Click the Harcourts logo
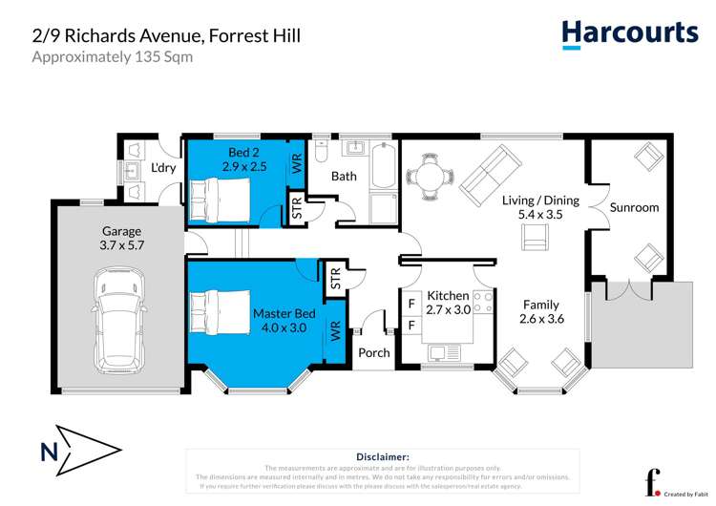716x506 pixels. pyautogui.click(x=629, y=33)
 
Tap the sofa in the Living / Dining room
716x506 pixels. pyautogui.click(x=492, y=171)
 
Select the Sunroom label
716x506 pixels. pyautogui.click(x=635, y=207)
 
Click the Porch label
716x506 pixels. pyautogui.click(x=374, y=352)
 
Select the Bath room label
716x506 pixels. pyautogui.click(x=344, y=177)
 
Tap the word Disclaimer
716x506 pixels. pyautogui.click(x=382, y=457)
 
